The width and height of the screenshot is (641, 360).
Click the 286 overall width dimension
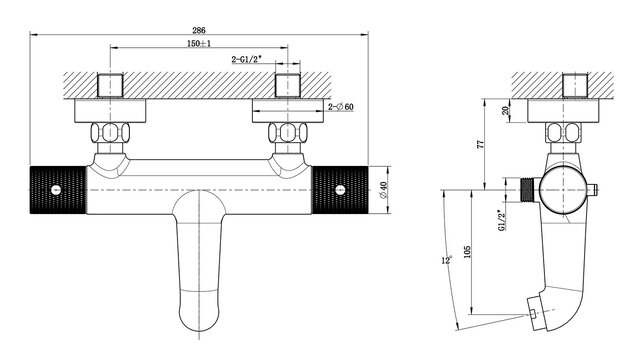[199, 30]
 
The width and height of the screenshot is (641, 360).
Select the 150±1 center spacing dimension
[199, 44]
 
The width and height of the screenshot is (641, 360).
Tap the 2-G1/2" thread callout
[247, 60]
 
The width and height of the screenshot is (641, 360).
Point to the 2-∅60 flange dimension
[341, 107]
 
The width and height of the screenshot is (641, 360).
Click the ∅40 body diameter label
[383, 190]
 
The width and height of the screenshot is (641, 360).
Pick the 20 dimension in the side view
[505, 110]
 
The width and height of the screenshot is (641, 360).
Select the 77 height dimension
[481, 144]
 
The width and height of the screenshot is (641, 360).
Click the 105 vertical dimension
[468, 251]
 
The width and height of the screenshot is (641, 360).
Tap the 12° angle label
[447, 260]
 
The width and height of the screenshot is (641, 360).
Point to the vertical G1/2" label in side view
[502, 221]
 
